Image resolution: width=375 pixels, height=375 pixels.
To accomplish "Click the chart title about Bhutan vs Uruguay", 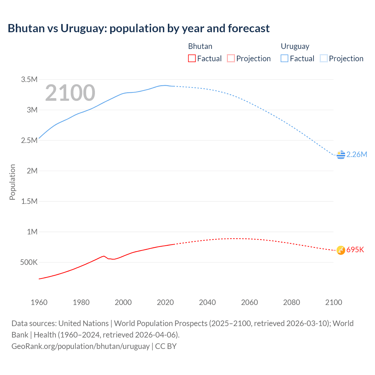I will pos(139,28).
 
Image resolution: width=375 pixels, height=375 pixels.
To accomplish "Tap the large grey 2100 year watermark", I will pos(70,93).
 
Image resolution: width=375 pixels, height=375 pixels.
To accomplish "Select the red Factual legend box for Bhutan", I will pos(192,59).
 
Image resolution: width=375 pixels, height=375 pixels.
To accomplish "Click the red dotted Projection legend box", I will pos(231,59).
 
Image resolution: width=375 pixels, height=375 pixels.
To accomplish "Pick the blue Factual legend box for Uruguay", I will pos(284,59).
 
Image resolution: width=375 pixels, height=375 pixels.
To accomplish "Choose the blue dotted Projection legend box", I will pos(323,59).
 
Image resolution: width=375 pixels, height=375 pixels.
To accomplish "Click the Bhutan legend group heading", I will pos(200,46).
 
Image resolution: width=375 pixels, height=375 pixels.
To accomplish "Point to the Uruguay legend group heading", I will pos(295,46).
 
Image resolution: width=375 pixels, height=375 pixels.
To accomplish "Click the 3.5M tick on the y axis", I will pos(29,79).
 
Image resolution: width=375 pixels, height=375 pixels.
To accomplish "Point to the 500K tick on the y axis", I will pos(29,262).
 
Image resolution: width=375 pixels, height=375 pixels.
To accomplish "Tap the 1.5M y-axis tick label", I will pos(29,201).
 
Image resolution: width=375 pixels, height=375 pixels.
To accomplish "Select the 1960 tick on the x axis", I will pos(39,302).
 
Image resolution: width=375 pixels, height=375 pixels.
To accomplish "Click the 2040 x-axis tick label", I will pos(207,302).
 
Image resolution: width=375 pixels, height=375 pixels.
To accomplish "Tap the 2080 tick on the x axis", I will pos(292,302).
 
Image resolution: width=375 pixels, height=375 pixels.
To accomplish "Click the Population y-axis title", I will pos(12,182).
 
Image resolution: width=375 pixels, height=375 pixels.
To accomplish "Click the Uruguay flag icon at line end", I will pos(341,155).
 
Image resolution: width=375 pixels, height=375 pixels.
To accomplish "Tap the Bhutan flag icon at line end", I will pos(341,250).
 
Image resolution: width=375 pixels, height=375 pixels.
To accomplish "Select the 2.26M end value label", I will pos(357,155).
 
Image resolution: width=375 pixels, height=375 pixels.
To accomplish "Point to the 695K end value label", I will pos(355,250).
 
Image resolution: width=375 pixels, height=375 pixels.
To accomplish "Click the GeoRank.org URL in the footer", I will pos(81,346).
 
